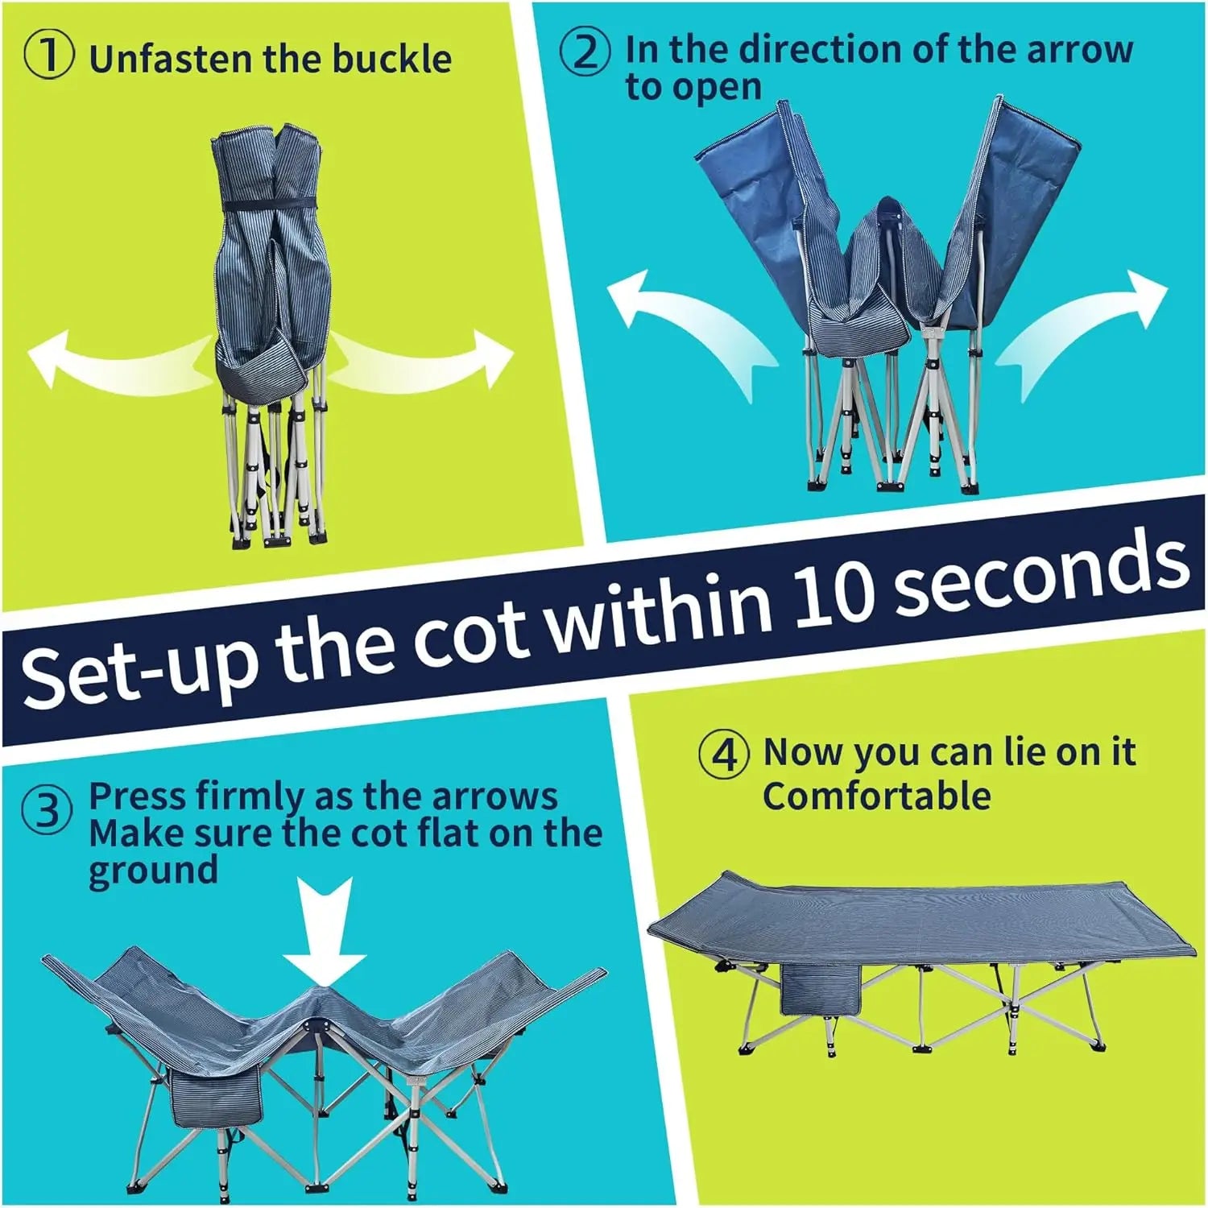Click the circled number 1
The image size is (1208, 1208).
point(50,56)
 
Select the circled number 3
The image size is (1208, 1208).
point(48,810)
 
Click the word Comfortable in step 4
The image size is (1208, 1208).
point(877,796)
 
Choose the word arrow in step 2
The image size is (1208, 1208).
point(1079,49)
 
